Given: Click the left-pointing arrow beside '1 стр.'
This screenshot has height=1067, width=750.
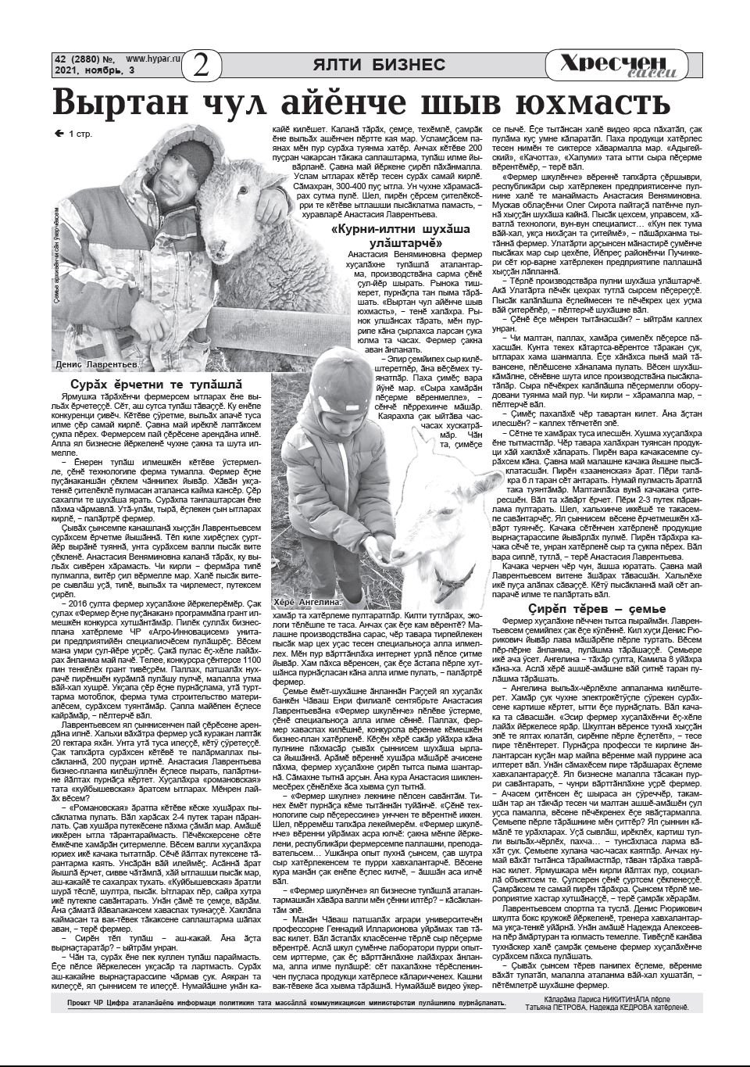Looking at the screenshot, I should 59,134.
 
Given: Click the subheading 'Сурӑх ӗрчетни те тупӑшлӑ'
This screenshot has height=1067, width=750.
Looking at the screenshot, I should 155,385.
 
